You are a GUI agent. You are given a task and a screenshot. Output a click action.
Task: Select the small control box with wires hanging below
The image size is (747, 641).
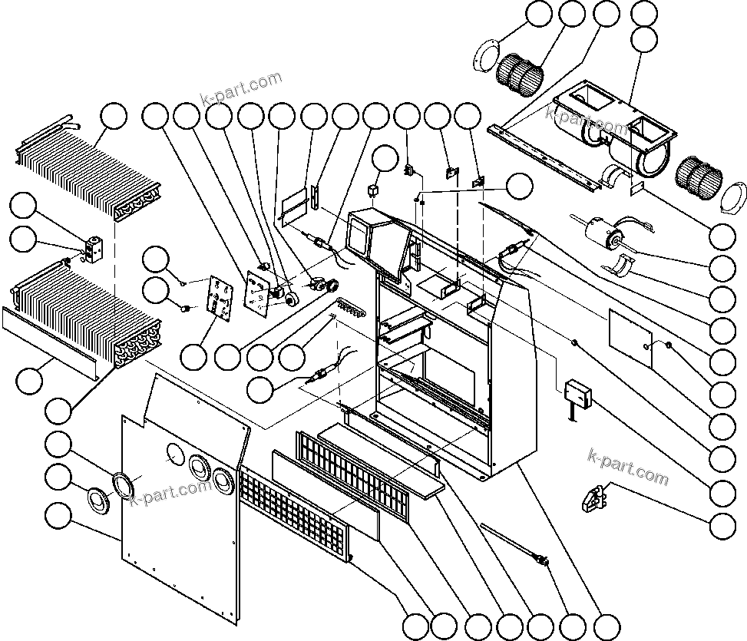(578, 394)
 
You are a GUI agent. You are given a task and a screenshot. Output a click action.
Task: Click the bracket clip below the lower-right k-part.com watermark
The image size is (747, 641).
(593, 497)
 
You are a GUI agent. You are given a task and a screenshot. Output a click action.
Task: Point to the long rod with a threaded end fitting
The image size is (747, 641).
(511, 544)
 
